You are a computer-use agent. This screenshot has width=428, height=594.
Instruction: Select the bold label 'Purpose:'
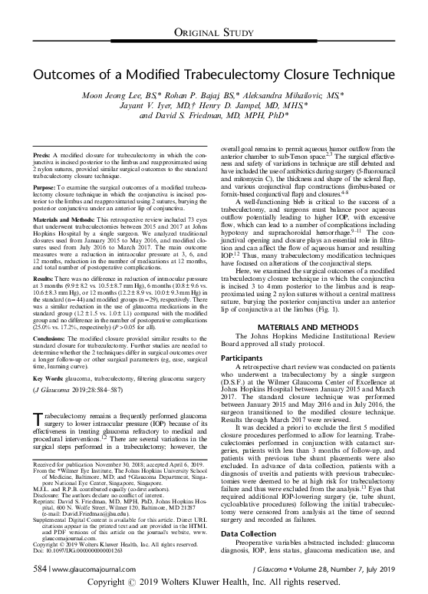coord(50,186)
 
